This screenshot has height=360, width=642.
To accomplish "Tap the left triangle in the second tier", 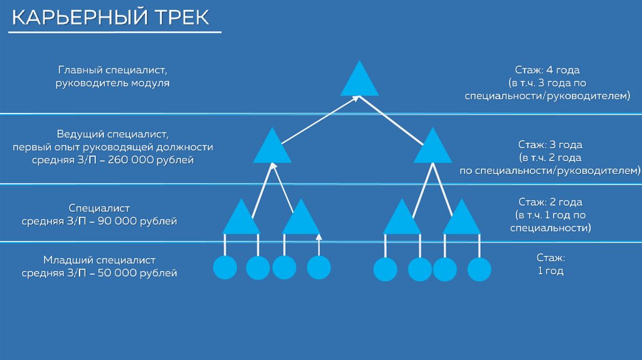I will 273,148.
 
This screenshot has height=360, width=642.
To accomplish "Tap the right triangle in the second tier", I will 433,148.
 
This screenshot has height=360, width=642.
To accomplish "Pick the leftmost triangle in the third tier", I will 241,219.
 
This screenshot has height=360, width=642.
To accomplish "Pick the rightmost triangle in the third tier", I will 461,219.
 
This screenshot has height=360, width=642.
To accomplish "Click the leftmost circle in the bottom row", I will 225,268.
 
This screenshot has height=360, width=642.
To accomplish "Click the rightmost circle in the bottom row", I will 480,270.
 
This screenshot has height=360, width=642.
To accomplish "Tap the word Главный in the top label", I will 79,70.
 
